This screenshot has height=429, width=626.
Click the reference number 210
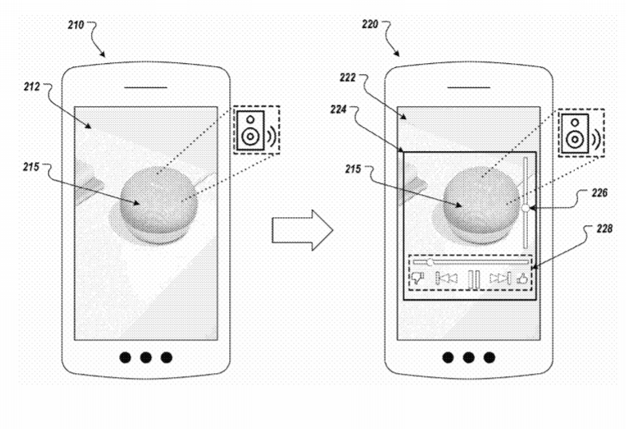(x=76, y=26)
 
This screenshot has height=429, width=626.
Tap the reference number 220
(x=370, y=24)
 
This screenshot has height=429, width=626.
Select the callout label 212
(x=32, y=86)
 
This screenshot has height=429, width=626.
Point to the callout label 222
(x=348, y=77)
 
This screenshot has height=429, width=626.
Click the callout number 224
(x=339, y=109)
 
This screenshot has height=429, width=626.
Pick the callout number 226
(x=600, y=193)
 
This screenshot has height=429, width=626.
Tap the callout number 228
(x=604, y=228)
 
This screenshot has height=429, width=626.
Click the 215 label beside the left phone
(x=31, y=167)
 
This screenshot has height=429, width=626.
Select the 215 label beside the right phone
(x=353, y=169)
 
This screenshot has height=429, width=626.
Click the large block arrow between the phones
(x=302, y=230)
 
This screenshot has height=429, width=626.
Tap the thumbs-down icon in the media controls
(x=418, y=278)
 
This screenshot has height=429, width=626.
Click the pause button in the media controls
(x=474, y=279)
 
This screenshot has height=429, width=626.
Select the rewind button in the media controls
(x=446, y=278)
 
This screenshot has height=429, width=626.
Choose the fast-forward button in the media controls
(x=500, y=278)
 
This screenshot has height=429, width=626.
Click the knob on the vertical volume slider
(x=525, y=208)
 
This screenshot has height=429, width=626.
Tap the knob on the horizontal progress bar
(x=430, y=262)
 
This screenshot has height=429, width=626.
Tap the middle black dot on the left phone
(x=145, y=358)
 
